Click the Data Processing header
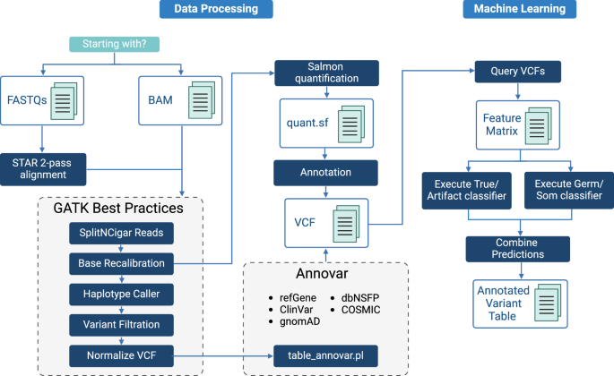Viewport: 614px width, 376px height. (215, 10)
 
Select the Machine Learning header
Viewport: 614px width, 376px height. (514, 10)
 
